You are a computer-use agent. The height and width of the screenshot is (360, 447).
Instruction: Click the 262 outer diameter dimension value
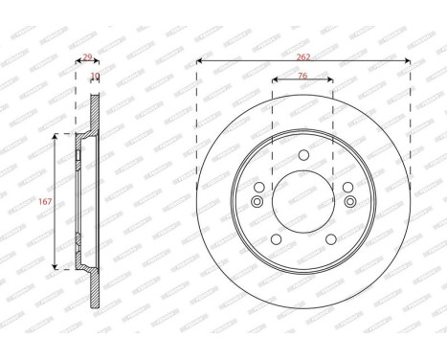303,56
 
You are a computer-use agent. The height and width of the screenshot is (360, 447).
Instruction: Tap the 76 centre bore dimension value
303,75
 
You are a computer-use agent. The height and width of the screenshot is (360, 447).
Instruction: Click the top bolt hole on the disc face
303,156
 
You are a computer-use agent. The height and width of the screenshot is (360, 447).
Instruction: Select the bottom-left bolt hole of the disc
277,239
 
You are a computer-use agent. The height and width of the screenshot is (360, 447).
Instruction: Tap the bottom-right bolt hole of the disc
330,239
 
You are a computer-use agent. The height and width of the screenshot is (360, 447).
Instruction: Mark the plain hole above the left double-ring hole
259,188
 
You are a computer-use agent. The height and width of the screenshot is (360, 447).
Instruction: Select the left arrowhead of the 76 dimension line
276,80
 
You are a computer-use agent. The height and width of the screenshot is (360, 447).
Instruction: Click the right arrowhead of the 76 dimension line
331,80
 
